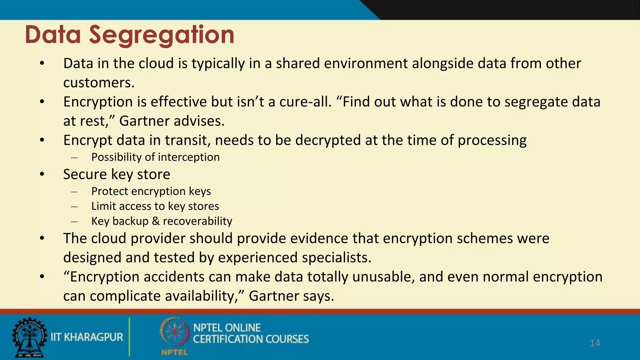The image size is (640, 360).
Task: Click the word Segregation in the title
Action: click(162, 35)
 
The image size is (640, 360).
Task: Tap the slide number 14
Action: click(595, 343)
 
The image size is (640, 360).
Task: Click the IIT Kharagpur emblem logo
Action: click(29, 337)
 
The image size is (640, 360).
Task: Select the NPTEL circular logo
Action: click(174, 332)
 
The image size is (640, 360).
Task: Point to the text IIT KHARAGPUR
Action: click(87, 337)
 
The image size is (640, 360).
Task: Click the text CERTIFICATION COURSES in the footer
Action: click(251, 339)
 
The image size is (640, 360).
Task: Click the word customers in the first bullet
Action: click(98, 83)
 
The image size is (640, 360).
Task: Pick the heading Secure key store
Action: click(117, 174)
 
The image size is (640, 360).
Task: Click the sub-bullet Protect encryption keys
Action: click(151, 191)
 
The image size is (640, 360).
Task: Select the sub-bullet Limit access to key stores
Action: click(155, 206)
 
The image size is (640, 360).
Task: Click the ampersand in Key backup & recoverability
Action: click(156, 221)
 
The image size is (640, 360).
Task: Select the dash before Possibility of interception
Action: click(74, 157)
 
